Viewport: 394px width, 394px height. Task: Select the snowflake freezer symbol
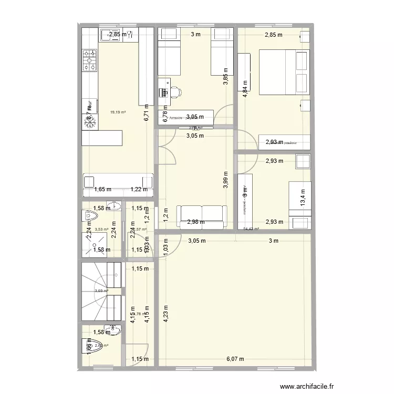pyautogui.click(x=91, y=121)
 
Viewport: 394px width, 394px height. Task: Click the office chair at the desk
pyautogui.click(x=175, y=92)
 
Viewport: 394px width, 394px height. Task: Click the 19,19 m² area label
pyautogui.click(x=118, y=112)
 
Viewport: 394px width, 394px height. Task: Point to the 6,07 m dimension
pyautogui.click(x=235, y=359)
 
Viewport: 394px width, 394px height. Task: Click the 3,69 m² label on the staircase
pyautogui.click(x=101, y=291)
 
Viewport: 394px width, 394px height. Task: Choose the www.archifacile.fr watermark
pyautogui.click(x=307, y=387)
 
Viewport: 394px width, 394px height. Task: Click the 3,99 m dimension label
pyautogui.click(x=226, y=180)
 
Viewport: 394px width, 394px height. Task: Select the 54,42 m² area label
pyautogui.click(x=252, y=229)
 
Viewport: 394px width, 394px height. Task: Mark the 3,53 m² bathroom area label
pyautogui.click(x=101, y=229)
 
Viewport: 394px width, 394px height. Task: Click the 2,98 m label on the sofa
pyautogui.click(x=196, y=222)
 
